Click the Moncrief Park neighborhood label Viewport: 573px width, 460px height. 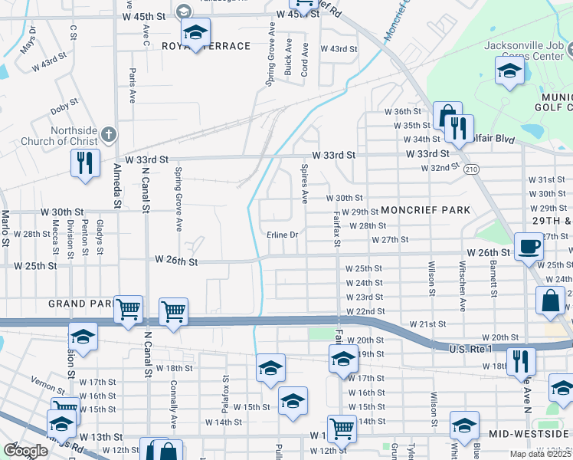pyautogui.click(x=424, y=210)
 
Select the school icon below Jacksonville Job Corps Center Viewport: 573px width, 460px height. pyautogui.click(x=509, y=73)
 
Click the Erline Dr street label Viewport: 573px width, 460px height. pyautogui.click(x=282, y=235)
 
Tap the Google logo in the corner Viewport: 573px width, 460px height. pyautogui.click(x=25, y=451)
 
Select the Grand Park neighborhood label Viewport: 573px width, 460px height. pyautogui.click(x=80, y=304)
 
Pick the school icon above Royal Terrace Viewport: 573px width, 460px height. pyautogui.click(x=195, y=33)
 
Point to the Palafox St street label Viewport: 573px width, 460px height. pyautogui.click(x=225, y=389)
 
